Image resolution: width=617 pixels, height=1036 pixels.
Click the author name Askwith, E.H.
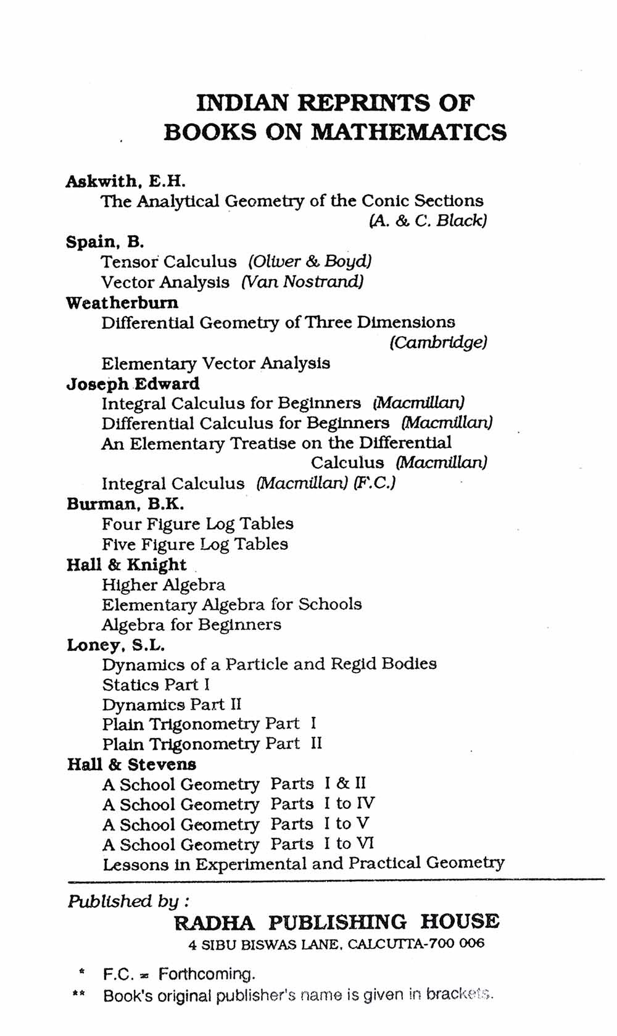tap(125, 181)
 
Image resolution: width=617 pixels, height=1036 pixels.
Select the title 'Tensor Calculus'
tap(168, 262)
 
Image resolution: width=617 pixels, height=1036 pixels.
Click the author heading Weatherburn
tap(122, 302)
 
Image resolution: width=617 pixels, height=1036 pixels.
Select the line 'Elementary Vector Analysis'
tap(215, 363)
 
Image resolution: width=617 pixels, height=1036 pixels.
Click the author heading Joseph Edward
tap(133, 383)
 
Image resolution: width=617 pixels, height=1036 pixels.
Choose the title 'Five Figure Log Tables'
tap(195, 544)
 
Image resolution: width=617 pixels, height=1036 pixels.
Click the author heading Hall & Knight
tap(126, 565)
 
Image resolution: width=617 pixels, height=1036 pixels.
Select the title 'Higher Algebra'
tap(164, 584)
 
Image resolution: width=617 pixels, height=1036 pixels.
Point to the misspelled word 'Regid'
tap(353, 664)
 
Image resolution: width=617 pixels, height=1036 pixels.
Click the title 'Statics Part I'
tap(156, 685)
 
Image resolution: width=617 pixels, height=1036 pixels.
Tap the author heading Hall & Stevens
tap(131, 765)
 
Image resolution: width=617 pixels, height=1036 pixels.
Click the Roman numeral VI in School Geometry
tap(365, 843)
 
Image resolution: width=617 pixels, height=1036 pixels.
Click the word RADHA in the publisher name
tap(214, 922)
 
